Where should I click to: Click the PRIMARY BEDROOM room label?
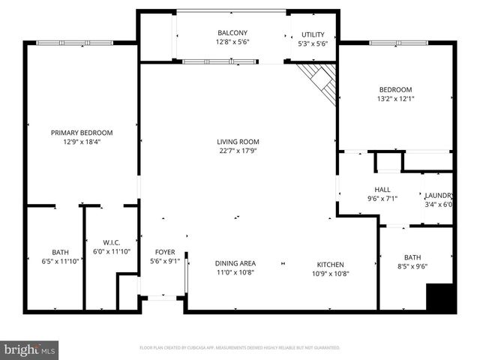(x=82, y=133)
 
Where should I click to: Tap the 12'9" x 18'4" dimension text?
(x=82, y=142)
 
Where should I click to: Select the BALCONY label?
(x=232, y=33)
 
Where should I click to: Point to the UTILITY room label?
(x=313, y=35)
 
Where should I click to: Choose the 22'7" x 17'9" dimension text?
(x=238, y=151)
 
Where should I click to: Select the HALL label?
(x=382, y=190)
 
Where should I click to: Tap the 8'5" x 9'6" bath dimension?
(x=412, y=265)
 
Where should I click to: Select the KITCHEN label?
(x=330, y=264)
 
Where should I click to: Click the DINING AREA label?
(x=235, y=263)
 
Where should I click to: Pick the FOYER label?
(x=165, y=252)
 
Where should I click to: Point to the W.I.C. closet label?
(x=112, y=241)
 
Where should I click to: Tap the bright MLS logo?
(x=30, y=349)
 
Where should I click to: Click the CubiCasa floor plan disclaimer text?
(x=240, y=348)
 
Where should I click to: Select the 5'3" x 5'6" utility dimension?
(x=313, y=44)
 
